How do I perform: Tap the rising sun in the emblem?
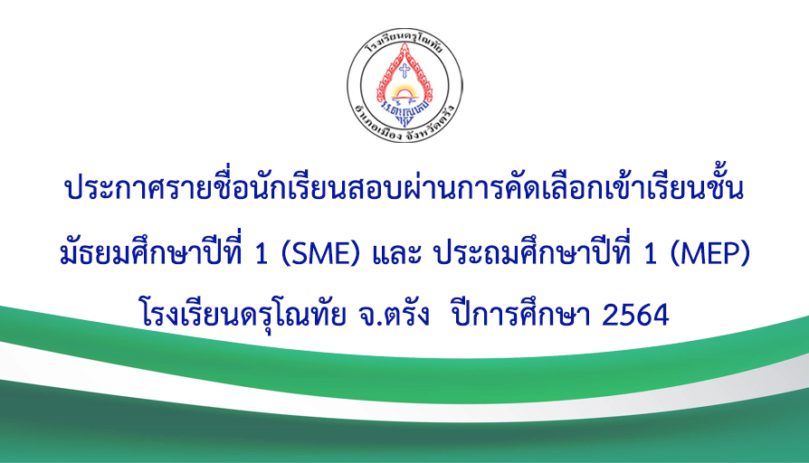(x=404, y=93)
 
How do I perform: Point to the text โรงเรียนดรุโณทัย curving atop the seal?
(x=404, y=43)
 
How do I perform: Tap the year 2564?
(x=635, y=315)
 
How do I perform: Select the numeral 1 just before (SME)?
(x=262, y=254)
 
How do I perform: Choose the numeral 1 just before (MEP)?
(x=650, y=254)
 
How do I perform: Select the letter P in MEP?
(x=731, y=254)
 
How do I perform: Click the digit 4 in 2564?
(x=660, y=315)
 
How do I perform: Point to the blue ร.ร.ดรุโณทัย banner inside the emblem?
(x=404, y=109)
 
